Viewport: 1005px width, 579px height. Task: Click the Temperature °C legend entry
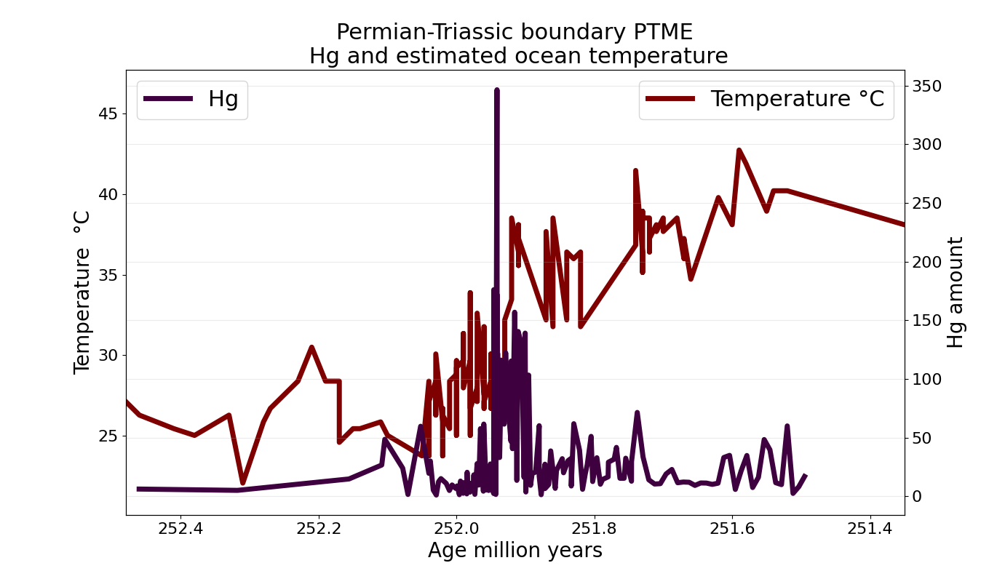coord(766,99)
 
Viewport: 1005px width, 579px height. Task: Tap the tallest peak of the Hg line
coord(497,90)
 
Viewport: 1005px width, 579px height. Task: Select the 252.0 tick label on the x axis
coord(456,528)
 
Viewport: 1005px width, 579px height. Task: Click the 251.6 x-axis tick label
coord(732,528)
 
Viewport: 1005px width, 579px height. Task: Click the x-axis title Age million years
coord(515,551)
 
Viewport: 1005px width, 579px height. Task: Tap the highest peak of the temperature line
coord(739,150)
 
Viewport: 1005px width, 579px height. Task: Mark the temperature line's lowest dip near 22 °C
coord(242,482)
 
